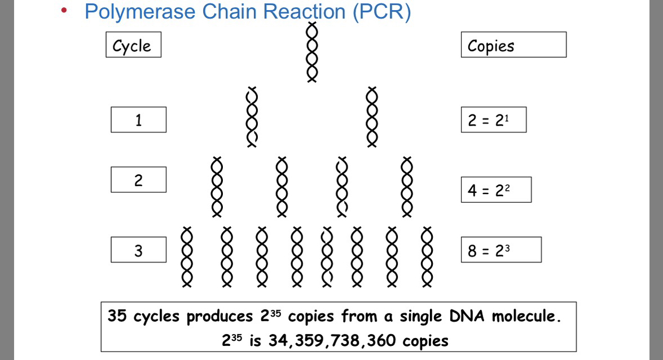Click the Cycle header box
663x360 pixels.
point(133,45)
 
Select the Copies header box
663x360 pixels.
point(513,45)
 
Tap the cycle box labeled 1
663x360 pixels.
point(138,120)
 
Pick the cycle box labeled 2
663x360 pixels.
point(138,179)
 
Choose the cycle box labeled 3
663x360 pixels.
point(138,249)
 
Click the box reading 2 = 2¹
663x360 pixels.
point(493,120)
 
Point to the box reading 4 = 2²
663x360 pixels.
point(495,190)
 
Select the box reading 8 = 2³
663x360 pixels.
point(500,249)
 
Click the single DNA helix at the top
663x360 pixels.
point(312,52)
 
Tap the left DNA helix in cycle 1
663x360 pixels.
point(252,117)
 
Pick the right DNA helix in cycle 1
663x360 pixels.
point(371,117)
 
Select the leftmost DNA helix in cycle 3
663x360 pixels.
point(187,257)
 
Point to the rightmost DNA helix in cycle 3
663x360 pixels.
point(427,257)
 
